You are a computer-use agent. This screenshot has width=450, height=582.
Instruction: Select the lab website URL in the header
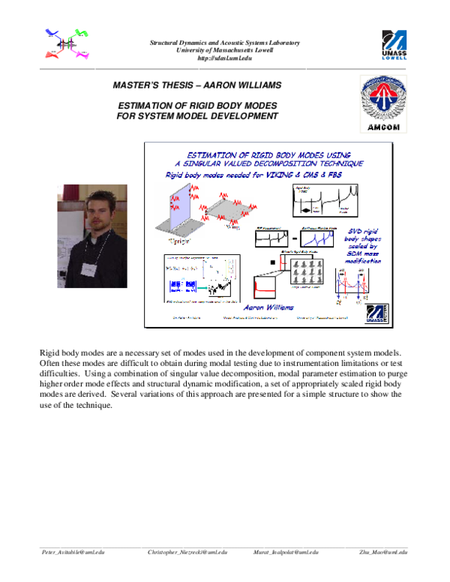click(x=224, y=58)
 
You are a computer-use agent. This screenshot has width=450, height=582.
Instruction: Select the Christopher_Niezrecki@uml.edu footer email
click(x=187, y=551)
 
